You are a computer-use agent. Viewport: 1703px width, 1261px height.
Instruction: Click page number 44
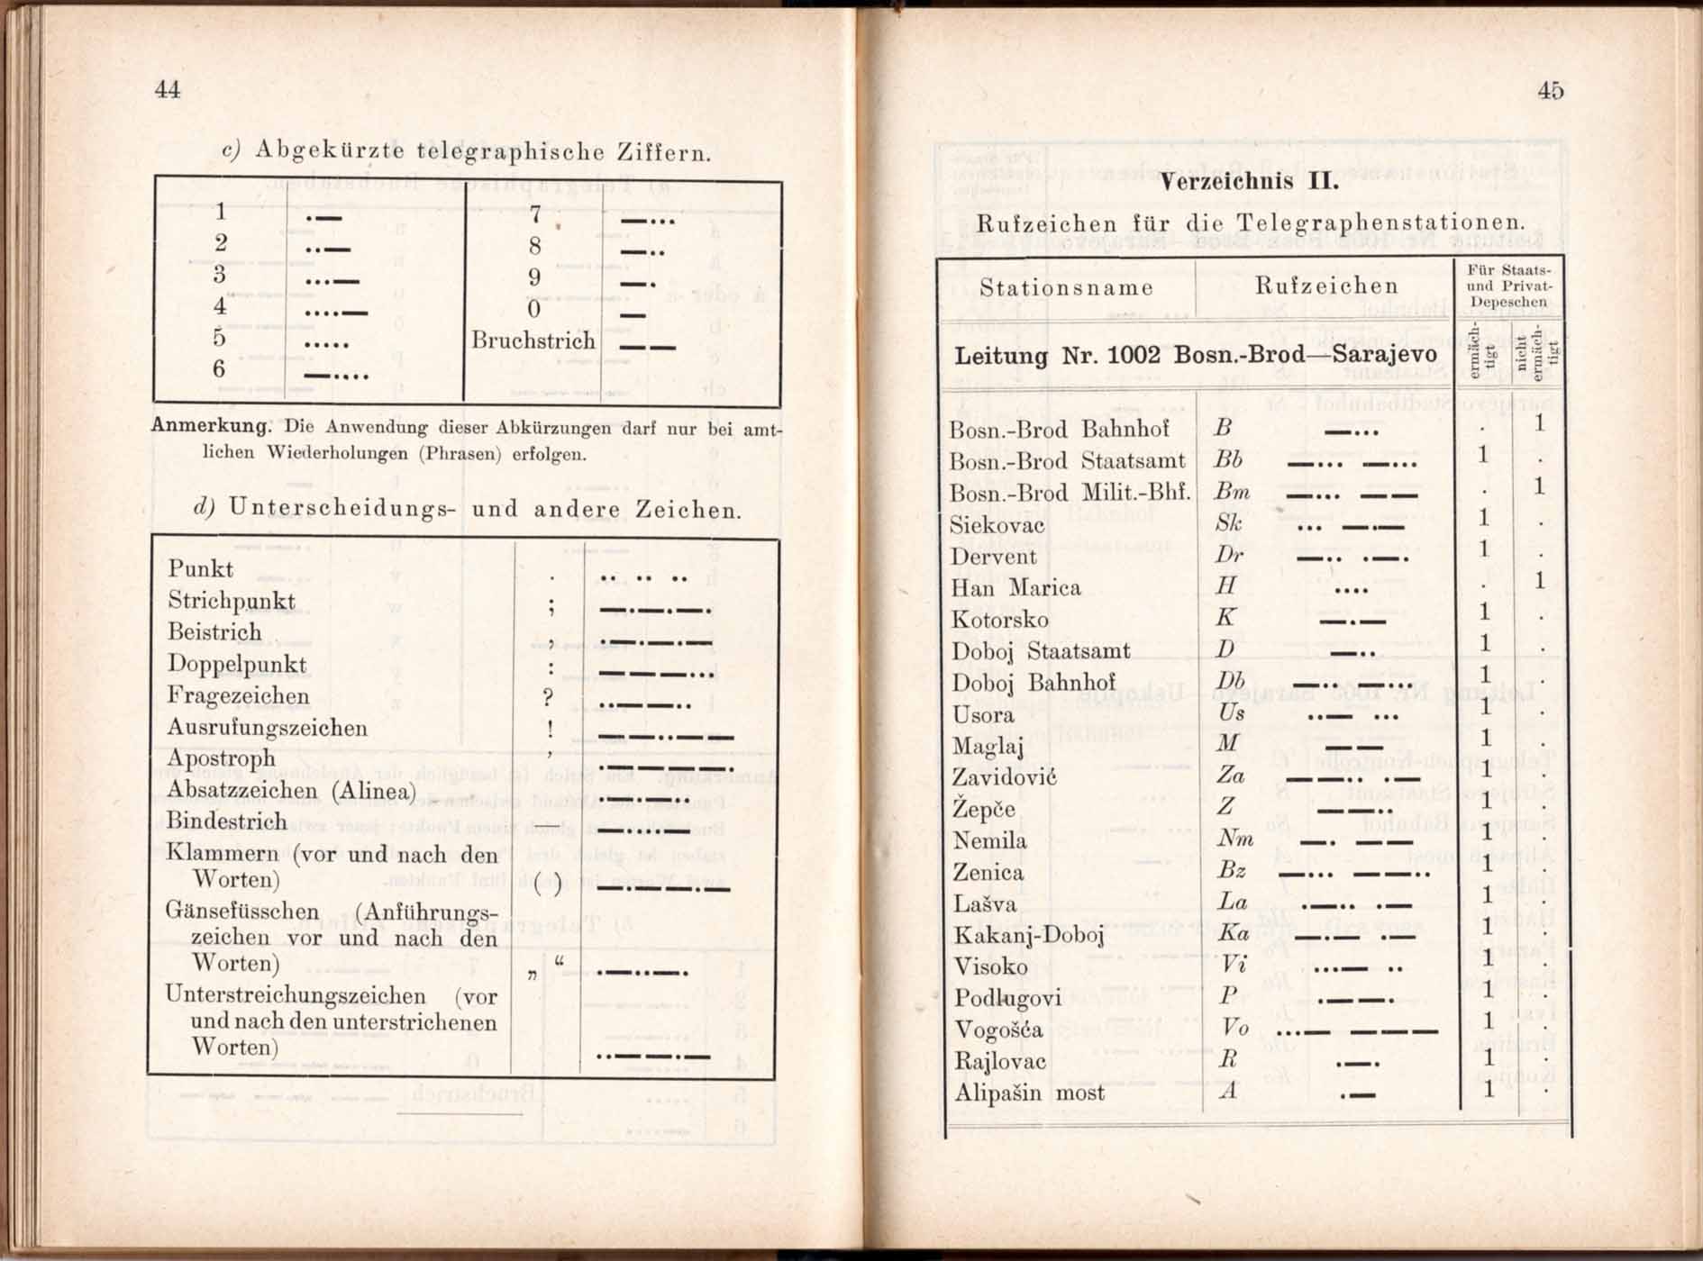(x=168, y=89)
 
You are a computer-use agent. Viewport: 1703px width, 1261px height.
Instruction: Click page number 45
(x=1550, y=90)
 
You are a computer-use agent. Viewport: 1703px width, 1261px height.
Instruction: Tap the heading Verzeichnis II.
(x=1249, y=181)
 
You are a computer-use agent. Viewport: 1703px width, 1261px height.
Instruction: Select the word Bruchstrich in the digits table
(x=533, y=341)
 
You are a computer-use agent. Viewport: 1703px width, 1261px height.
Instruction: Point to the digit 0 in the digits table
(x=533, y=309)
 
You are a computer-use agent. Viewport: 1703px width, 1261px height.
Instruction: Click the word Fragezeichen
(x=238, y=696)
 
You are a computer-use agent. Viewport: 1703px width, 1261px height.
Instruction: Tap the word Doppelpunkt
(x=236, y=665)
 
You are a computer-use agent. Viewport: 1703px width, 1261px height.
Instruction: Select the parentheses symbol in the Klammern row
(x=547, y=885)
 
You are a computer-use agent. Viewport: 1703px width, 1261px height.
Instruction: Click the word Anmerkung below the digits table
(x=210, y=426)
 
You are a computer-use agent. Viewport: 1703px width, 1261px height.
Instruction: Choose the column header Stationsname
(x=1066, y=287)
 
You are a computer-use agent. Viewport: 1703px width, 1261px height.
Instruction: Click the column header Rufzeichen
(x=1326, y=286)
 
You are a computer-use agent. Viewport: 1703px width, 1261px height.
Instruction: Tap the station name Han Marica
(x=1015, y=588)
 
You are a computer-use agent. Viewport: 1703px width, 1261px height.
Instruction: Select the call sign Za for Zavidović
(x=1230, y=776)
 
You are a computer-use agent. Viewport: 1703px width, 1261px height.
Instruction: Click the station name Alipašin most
(x=1028, y=1093)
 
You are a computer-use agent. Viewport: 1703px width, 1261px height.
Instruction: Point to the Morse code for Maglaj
(x=1353, y=746)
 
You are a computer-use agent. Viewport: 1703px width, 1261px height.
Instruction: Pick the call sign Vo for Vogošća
(x=1234, y=1028)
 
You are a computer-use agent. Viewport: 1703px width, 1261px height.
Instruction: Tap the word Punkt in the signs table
(x=200, y=569)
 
